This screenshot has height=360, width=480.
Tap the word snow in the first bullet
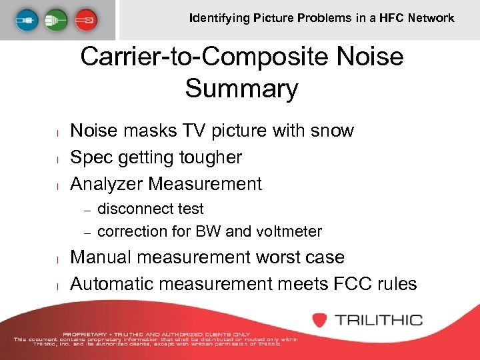[329, 131]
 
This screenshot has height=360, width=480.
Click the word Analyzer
[107, 183]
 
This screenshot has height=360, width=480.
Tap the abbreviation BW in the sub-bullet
[210, 231]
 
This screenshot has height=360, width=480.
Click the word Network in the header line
[431, 18]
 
